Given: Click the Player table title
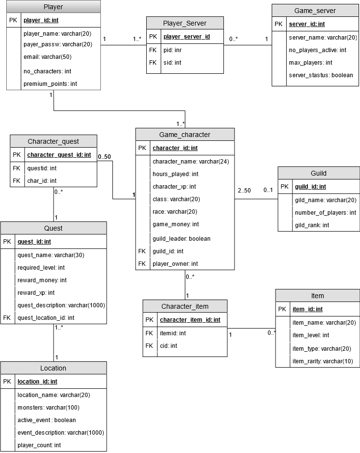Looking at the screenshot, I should point(53,7).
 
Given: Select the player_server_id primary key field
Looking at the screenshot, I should point(186,37).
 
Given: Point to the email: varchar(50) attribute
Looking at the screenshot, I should point(47,57).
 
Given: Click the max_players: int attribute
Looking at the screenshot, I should point(310,63).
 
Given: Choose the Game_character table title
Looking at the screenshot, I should point(185,135).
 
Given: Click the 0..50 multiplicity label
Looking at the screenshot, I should point(104,157).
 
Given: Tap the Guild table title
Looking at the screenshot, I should point(318,173).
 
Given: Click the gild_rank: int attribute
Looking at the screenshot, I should point(312,225).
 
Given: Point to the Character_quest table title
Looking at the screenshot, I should point(53,141).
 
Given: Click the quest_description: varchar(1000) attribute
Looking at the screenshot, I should point(61,305).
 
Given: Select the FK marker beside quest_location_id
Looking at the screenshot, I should point(6,318).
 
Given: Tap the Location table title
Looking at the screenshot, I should point(53,368).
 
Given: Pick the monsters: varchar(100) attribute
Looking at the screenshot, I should point(48,408).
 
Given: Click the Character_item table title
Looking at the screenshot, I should point(185,306).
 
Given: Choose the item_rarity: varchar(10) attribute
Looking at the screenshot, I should point(322,361).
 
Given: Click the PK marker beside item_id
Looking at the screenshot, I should point(283,309).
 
